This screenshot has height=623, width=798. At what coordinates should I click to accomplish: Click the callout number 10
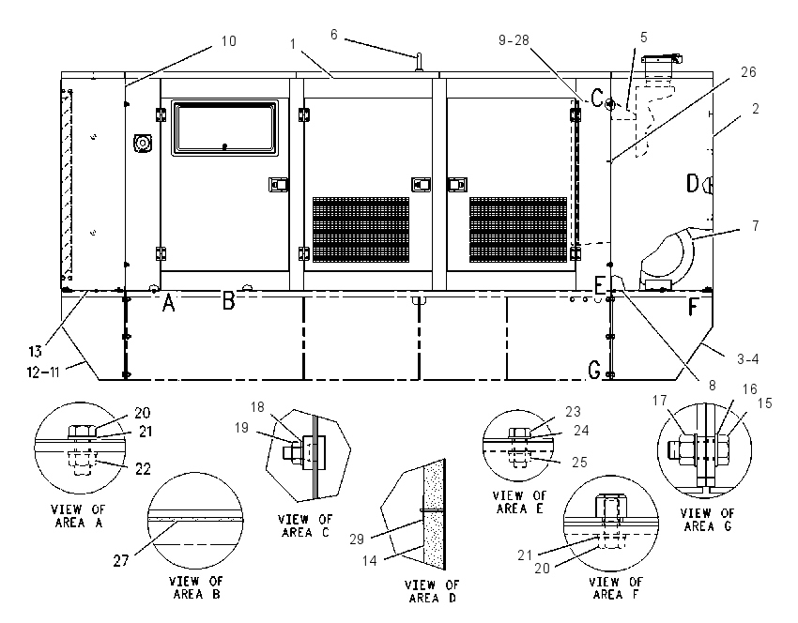pyautogui.click(x=229, y=40)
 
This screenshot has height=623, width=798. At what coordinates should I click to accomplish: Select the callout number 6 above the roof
pyautogui.click(x=334, y=34)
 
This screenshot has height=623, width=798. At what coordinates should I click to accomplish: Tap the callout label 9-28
pyautogui.click(x=514, y=40)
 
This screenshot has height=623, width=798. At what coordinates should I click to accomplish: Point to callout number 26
pyautogui.click(x=748, y=72)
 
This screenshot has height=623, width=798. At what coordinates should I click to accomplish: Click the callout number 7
pyautogui.click(x=755, y=225)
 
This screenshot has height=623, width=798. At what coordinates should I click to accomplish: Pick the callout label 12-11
pyautogui.click(x=44, y=372)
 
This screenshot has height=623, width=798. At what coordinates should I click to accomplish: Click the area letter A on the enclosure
pyautogui.click(x=168, y=304)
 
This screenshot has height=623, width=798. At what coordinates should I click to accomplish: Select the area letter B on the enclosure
pyautogui.click(x=229, y=300)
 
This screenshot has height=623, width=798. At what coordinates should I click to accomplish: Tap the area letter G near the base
pyautogui.click(x=594, y=370)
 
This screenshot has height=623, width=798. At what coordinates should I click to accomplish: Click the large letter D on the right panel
pyautogui.click(x=693, y=184)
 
